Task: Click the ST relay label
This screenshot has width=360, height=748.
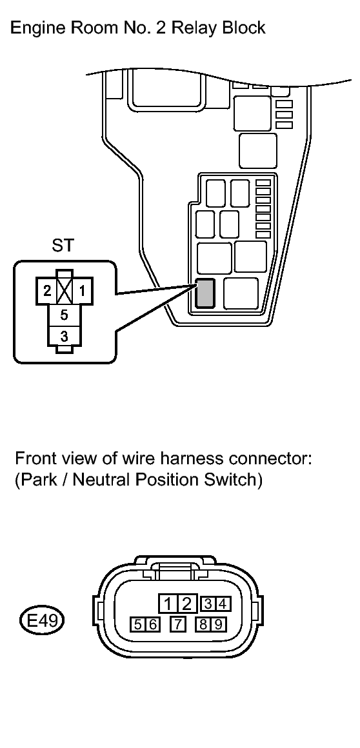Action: point(63,246)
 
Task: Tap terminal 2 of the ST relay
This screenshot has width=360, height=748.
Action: point(47,291)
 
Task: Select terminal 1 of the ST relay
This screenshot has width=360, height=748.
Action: point(82,291)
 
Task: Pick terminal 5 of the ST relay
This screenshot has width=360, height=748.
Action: point(65,315)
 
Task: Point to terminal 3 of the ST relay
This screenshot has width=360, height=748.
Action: point(65,336)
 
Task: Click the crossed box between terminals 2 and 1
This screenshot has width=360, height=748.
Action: point(65,291)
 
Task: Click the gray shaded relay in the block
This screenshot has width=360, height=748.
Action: point(205,293)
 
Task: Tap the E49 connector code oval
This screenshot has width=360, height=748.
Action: point(42,621)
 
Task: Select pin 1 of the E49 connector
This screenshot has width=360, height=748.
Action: point(168,604)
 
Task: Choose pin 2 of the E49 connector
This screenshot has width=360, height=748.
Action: point(186,604)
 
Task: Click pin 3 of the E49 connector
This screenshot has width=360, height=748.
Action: point(208,604)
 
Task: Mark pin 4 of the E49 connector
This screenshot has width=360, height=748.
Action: point(222,604)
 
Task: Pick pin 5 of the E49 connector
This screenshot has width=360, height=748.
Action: point(137,624)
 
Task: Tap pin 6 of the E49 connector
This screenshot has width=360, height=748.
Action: point(152,624)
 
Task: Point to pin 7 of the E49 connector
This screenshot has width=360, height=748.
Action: point(178,624)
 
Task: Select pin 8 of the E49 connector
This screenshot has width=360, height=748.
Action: point(204,624)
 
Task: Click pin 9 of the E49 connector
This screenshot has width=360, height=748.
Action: point(218,624)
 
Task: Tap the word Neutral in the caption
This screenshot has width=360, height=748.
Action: point(102,479)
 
